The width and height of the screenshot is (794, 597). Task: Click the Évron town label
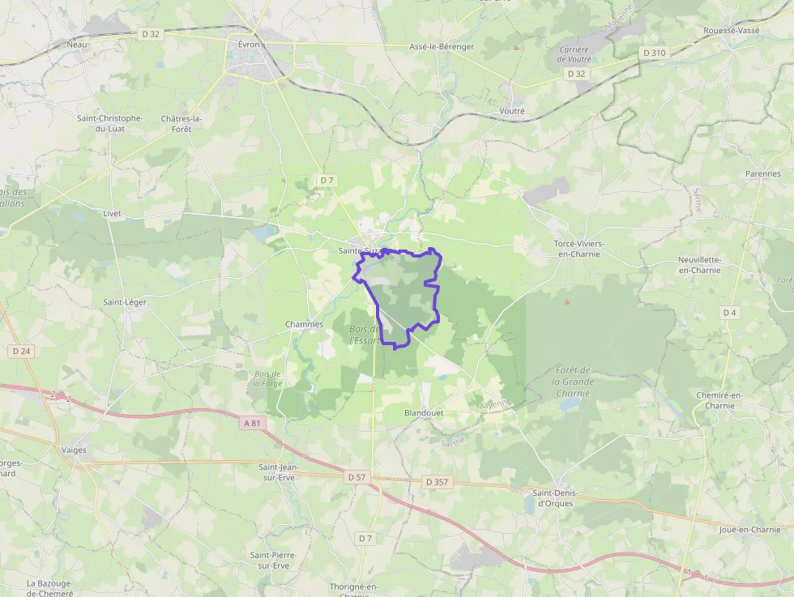249,45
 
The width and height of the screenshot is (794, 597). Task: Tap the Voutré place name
513,111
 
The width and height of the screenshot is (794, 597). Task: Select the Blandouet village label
425,412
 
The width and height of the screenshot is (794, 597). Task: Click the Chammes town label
304,324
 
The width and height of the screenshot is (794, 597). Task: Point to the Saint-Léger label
125,302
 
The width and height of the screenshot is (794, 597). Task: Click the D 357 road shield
437,482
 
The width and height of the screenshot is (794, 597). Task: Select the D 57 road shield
358,477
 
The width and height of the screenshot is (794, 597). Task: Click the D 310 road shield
654,53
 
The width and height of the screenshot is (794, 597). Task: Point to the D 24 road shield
21,351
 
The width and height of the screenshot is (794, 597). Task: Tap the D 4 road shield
730,312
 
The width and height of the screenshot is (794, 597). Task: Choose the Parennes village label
763,173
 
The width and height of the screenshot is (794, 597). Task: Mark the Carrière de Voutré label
574,54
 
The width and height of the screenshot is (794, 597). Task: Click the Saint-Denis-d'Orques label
553,497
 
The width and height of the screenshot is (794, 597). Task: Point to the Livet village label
112,213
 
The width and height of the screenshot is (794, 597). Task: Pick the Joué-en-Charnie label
749,530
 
